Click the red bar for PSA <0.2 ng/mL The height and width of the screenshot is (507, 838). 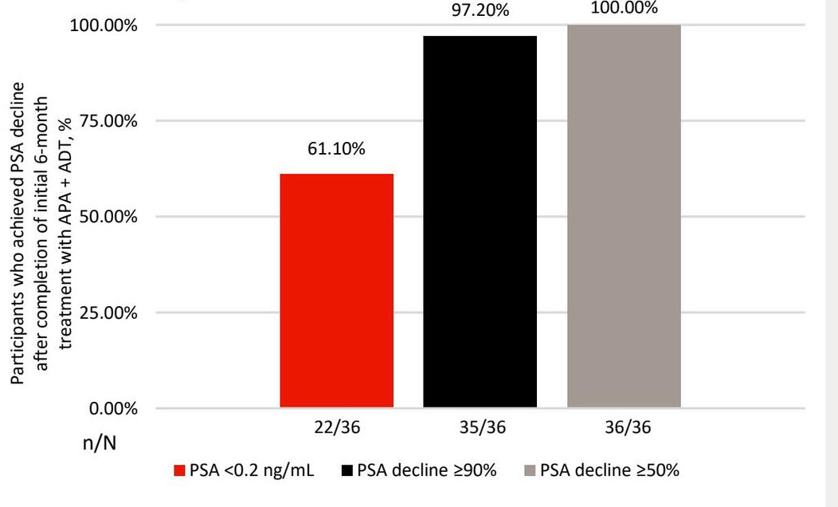pos(336,291)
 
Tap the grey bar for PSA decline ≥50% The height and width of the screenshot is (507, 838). pos(624,216)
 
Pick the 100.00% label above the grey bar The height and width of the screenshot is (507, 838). pos(624,9)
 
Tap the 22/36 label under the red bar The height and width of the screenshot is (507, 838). pos(336,428)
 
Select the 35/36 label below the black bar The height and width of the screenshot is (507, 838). pos(480,428)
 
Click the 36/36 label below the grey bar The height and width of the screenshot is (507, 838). pos(624,428)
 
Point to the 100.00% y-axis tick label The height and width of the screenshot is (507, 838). pos(104,26)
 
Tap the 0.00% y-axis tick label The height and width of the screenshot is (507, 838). pos(112,409)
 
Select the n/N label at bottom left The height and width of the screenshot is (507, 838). pos(100,442)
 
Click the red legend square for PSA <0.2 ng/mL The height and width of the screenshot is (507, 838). pos(178,471)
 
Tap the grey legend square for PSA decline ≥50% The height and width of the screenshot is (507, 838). pos(529,471)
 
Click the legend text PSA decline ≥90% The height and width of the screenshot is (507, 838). pos(426,470)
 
